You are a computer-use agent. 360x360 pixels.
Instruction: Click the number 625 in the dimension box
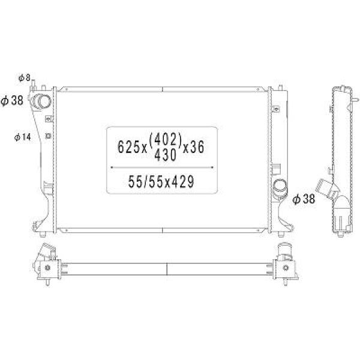point(128,147)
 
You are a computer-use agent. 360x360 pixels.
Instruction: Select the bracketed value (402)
point(166,139)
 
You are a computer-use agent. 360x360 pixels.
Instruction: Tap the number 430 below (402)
point(166,155)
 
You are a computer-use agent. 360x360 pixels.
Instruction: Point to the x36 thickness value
point(193,147)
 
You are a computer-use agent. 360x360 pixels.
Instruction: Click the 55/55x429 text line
point(161,182)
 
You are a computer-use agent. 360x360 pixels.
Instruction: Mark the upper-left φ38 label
point(12,100)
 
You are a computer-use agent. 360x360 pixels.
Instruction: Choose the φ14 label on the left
point(22,137)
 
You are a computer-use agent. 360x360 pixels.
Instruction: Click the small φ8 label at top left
point(25,78)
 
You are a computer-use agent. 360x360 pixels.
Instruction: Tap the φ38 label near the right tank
point(304,199)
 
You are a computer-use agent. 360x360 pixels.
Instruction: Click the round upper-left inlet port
point(41,101)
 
